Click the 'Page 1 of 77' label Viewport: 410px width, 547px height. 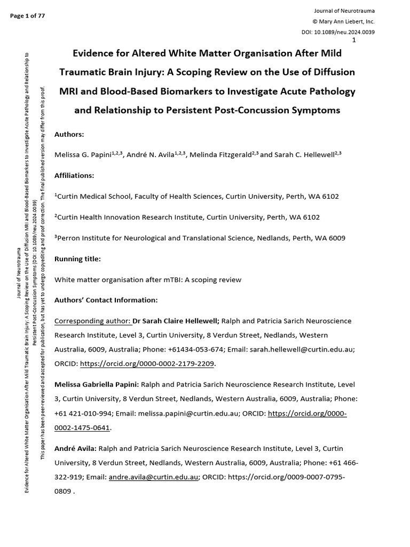[x=27, y=15]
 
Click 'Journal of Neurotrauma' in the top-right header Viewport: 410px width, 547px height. [x=345, y=11]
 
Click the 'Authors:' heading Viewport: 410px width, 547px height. [x=69, y=135]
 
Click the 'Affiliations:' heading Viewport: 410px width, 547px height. [x=74, y=175]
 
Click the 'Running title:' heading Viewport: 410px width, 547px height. [x=77, y=259]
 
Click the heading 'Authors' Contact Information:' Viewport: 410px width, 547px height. [x=106, y=300]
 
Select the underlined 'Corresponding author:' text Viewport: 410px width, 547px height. [x=92, y=321]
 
